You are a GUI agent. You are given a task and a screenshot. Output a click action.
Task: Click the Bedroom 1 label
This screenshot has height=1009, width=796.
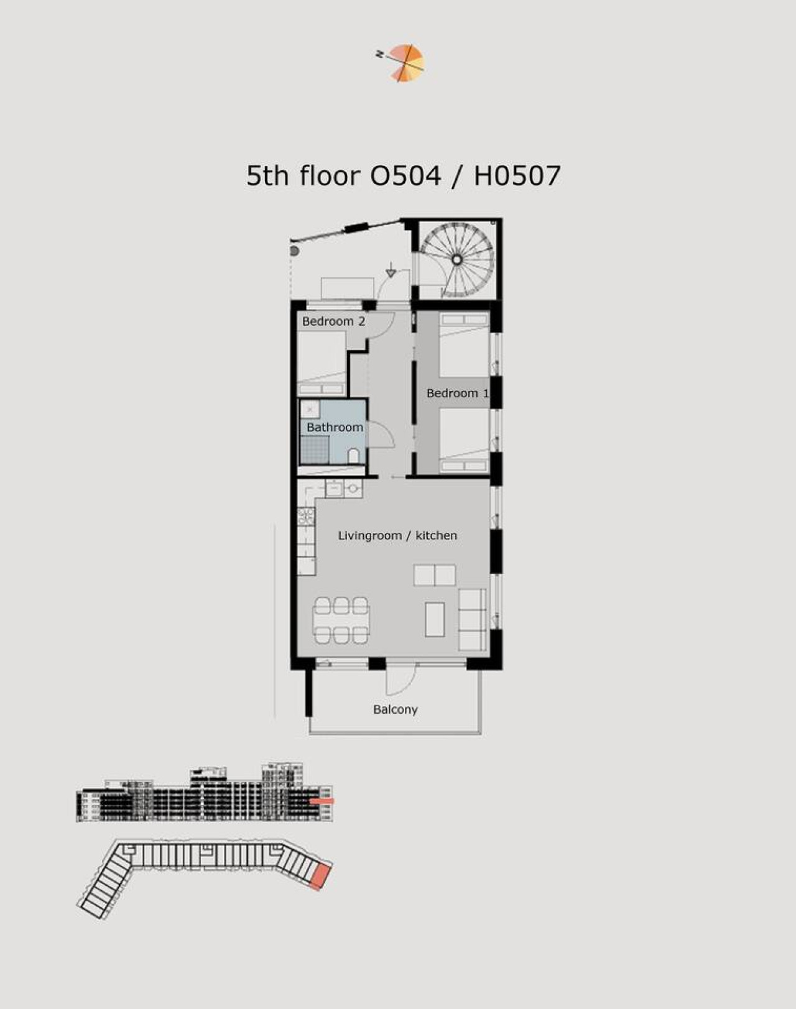(457, 393)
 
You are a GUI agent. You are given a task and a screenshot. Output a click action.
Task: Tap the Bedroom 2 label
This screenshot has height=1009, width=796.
(333, 321)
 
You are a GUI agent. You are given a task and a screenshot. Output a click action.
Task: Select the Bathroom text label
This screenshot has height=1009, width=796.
(335, 427)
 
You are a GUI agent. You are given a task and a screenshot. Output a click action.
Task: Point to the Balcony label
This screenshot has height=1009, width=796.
(396, 709)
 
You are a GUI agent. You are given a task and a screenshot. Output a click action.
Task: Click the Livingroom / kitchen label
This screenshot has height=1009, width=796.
(398, 535)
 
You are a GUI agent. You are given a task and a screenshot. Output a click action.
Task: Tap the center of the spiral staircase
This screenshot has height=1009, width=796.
(457, 259)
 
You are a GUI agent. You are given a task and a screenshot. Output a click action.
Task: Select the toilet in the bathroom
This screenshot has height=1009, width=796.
(354, 456)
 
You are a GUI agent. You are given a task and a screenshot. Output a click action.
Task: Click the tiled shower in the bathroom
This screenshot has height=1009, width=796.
(315, 449)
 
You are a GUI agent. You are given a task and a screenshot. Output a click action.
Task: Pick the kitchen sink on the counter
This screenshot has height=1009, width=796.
(335, 489)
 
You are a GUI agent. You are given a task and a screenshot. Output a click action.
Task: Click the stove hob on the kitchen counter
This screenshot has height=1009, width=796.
(306, 517)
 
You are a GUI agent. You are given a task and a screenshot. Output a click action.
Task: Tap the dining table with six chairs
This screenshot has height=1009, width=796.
(341, 620)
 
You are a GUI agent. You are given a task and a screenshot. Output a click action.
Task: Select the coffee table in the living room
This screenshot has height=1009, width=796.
(434, 619)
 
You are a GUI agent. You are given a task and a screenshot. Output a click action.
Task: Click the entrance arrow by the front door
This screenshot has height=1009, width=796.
(391, 269)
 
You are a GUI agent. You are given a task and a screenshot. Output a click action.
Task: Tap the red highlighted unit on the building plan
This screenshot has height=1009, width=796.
(322, 876)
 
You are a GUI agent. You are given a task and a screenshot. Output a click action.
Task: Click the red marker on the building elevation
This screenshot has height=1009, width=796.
(322, 801)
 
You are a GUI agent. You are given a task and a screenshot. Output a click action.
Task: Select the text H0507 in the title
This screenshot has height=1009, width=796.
(517, 176)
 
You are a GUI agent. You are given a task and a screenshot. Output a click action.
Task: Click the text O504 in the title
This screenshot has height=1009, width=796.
(405, 176)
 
